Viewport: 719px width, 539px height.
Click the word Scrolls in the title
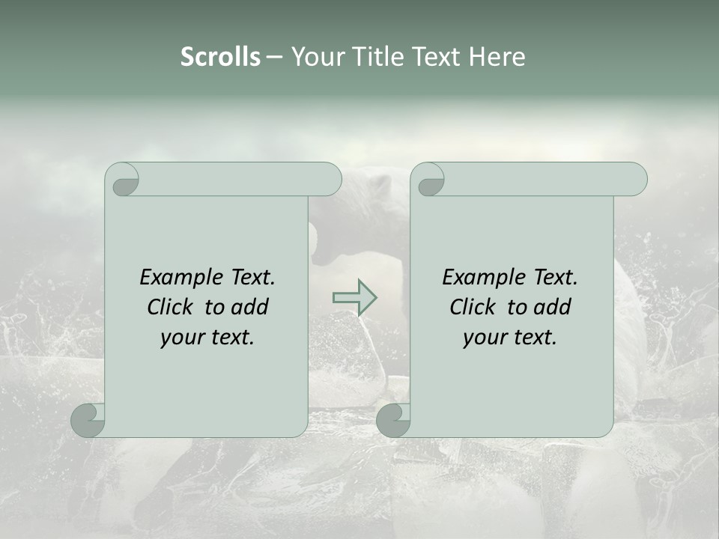pyautogui.click(x=220, y=57)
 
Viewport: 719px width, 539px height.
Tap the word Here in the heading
pyautogui.click(x=497, y=57)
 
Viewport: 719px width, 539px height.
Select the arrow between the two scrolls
pyautogui.click(x=354, y=297)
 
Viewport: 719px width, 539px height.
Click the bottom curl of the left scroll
pyautogui.click(x=88, y=420)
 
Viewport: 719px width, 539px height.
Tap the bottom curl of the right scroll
pyautogui.click(x=393, y=420)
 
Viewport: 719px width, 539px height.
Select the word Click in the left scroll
pyautogui.click(x=169, y=308)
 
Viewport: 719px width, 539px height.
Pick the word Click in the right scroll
pyautogui.click(x=472, y=308)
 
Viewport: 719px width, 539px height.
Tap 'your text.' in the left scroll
pyautogui.click(x=207, y=338)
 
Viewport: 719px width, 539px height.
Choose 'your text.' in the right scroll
pyautogui.click(x=510, y=338)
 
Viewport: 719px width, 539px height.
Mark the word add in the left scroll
pyautogui.click(x=251, y=308)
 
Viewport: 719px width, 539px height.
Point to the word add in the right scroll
pyautogui.click(x=553, y=308)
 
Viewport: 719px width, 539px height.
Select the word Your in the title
pyautogui.click(x=315, y=57)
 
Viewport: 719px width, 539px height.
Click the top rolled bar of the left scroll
pyautogui.click(x=240, y=179)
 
